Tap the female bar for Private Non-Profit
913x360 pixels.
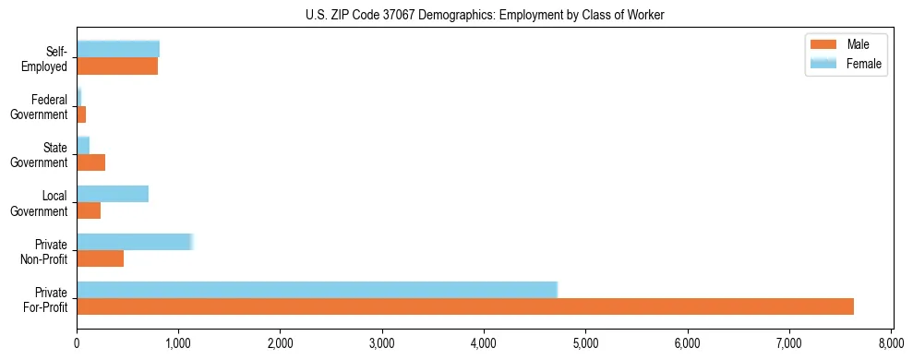pyautogui.click(x=135, y=242)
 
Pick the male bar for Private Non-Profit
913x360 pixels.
pyautogui.click(x=100, y=258)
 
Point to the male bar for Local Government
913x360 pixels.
pyautogui.click(x=89, y=210)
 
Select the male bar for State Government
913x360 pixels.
pyautogui.click(x=90, y=162)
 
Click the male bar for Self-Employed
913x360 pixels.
pyautogui.click(x=117, y=66)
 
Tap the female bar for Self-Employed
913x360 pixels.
pyautogui.click(x=118, y=49)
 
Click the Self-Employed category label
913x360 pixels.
pyautogui.click(x=49, y=59)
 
